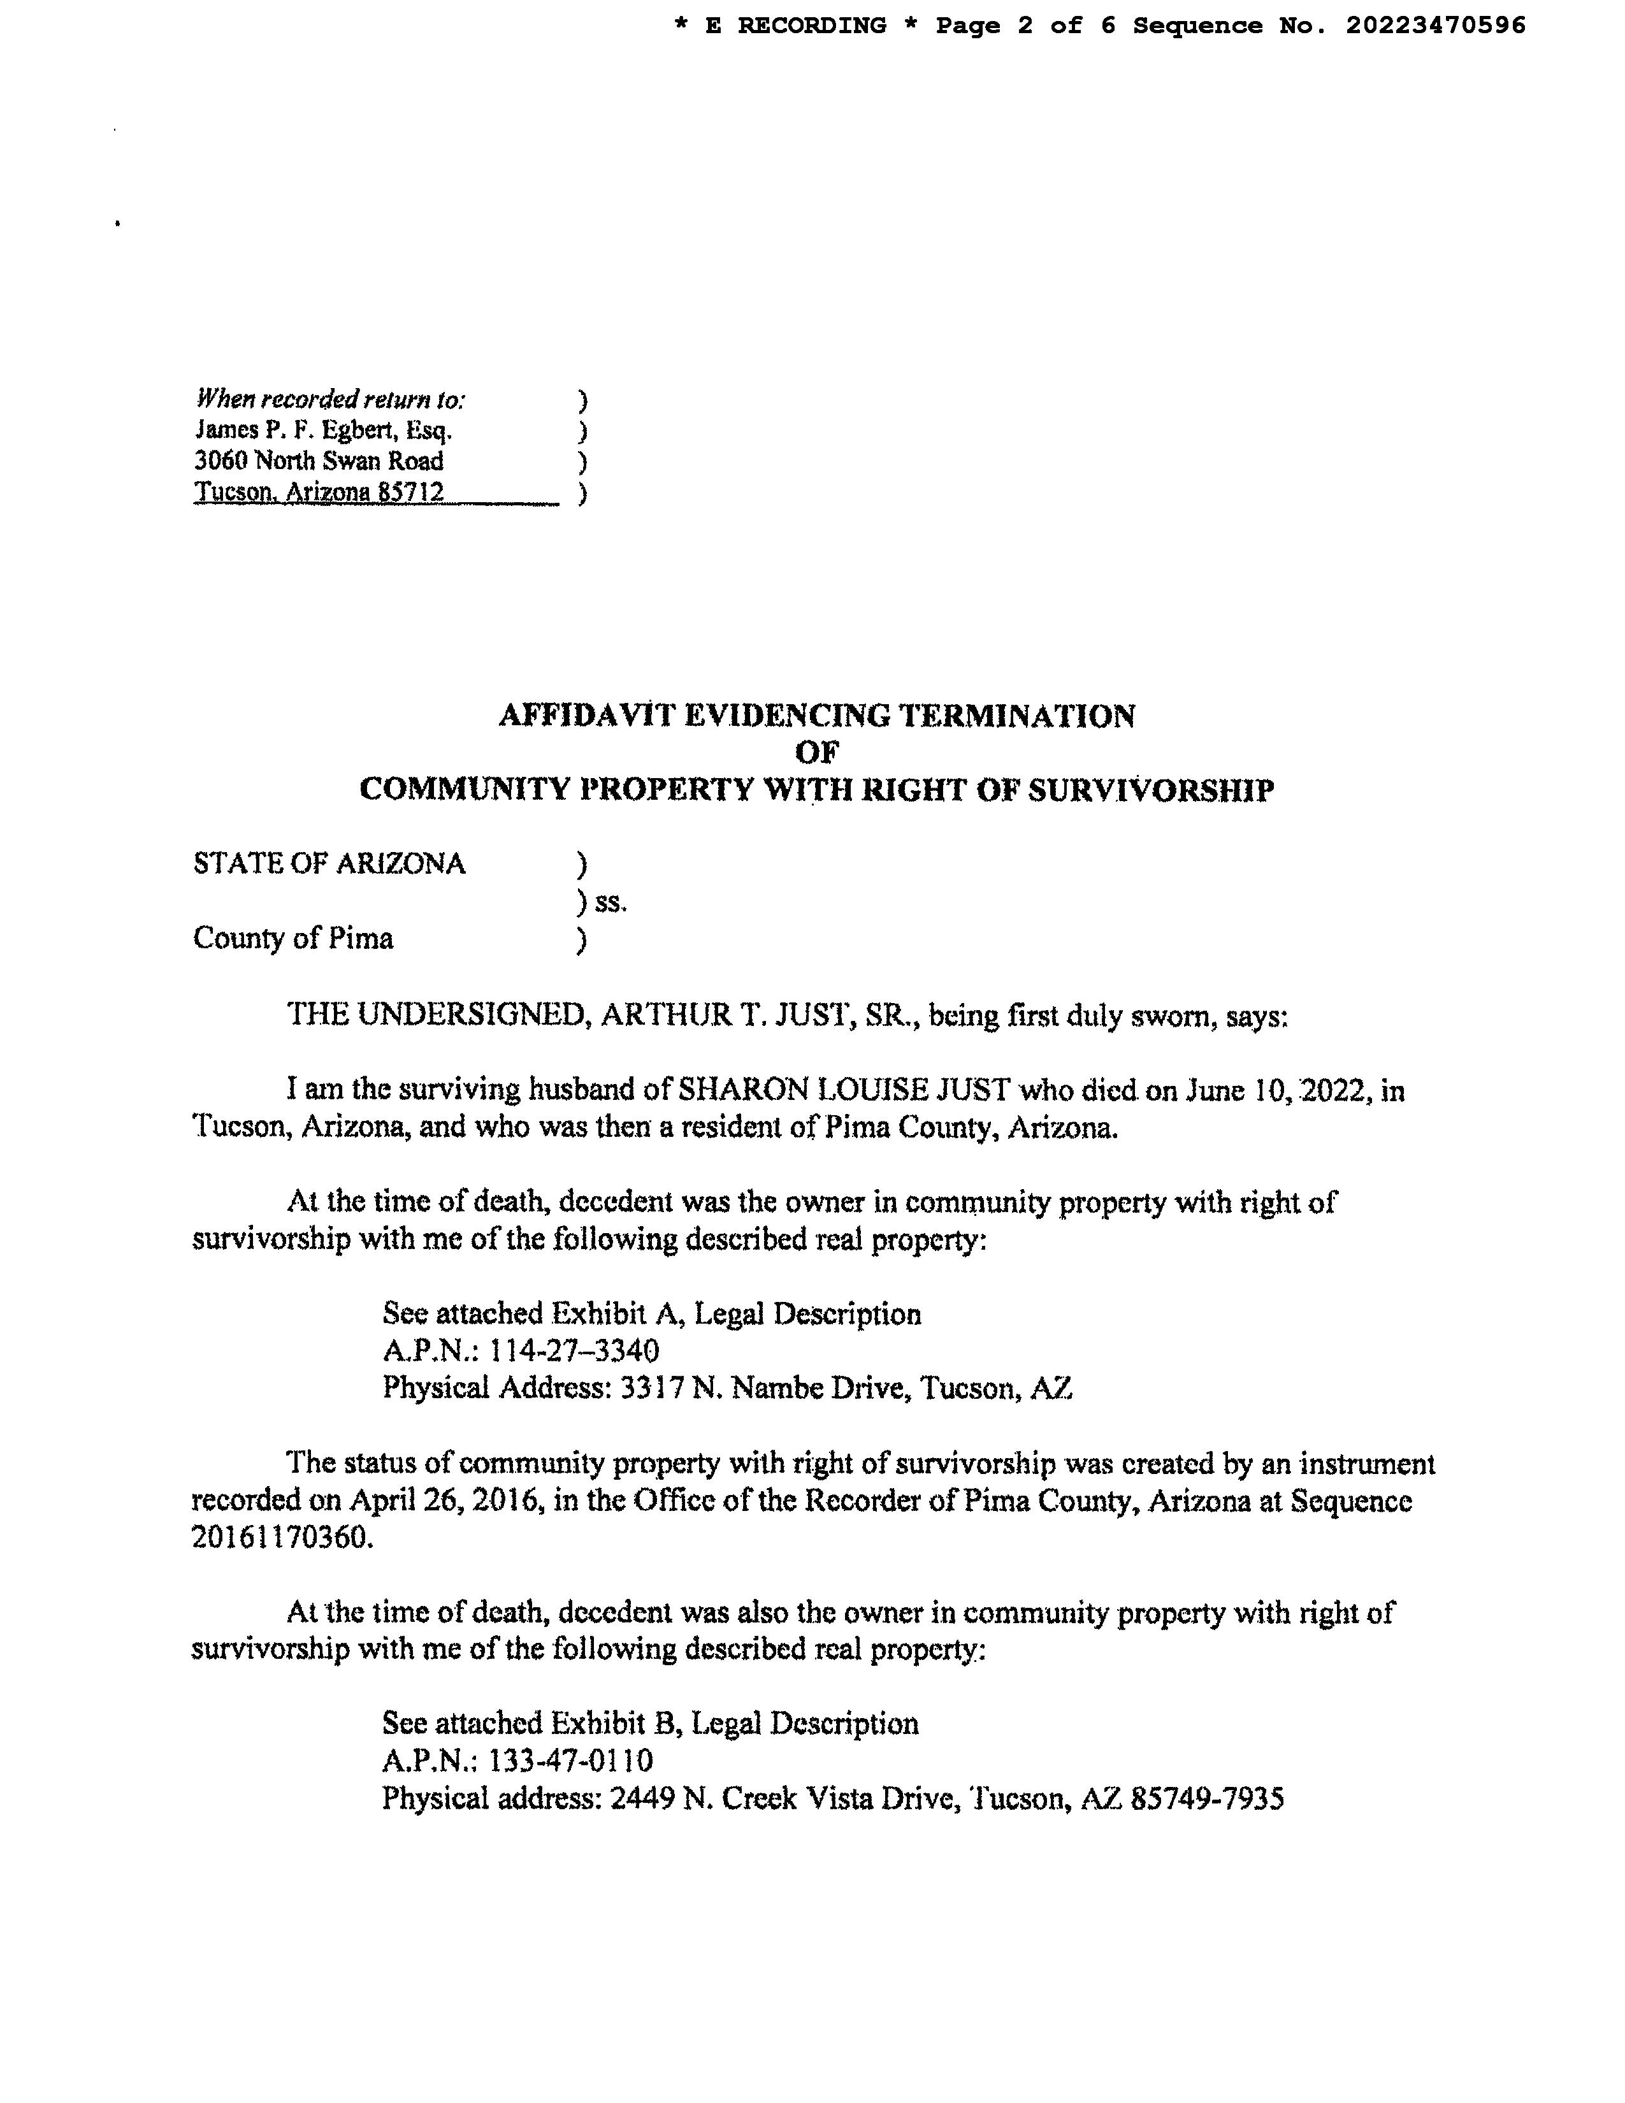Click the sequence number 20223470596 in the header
(x=1435, y=26)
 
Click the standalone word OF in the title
(x=816, y=753)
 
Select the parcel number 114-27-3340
(x=575, y=1351)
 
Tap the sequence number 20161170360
(x=279, y=1538)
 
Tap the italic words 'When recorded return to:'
(x=330, y=399)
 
